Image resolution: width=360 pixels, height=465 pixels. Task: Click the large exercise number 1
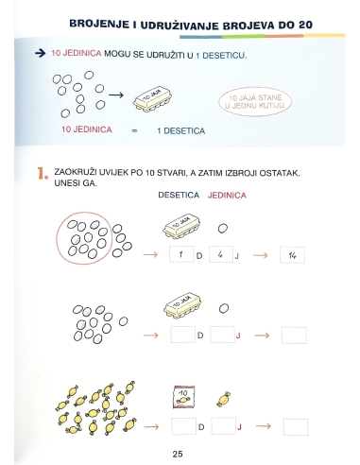pyautogui.click(x=41, y=174)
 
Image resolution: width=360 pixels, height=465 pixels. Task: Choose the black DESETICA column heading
pyautogui.click(x=178, y=196)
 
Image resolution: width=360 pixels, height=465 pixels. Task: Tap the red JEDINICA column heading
pyautogui.click(x=227, y=196)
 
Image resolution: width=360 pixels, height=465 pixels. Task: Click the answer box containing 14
pyautogui.click(x=294, y=255)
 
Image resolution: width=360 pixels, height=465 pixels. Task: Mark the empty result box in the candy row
pyautogui.click(x=294, y=426)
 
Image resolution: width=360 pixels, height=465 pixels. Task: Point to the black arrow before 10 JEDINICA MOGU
pyautogui.click(x=40, y=56)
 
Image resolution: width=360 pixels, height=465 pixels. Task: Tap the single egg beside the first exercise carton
pyautogui.click(x=223, y=228)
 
